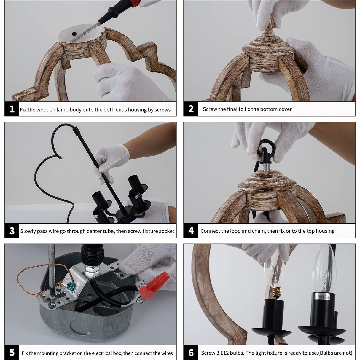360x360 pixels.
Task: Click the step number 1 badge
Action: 12,109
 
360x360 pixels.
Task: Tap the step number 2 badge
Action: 191,109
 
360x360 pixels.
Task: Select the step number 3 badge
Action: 12,231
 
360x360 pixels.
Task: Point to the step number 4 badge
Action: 191,231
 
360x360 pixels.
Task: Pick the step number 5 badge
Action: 12,353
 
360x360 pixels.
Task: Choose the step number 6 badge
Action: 191,353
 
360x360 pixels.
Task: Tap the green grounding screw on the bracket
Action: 71,285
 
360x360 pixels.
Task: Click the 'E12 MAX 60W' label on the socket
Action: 322,297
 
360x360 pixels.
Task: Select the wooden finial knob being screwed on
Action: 269,28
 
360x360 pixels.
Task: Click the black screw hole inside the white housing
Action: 74,34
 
